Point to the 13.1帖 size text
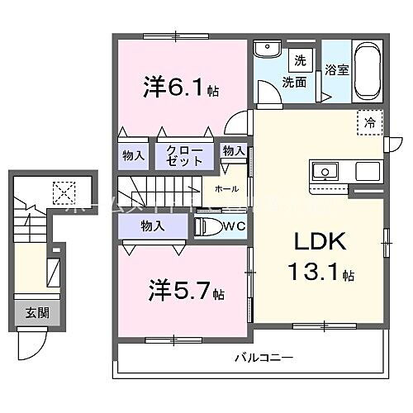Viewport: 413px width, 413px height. (x=322, y=272)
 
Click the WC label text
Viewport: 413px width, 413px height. (x=235, y=226)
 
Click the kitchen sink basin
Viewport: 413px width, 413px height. (x=325, y=173)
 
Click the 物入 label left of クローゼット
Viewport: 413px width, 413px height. (x=135, y=154)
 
